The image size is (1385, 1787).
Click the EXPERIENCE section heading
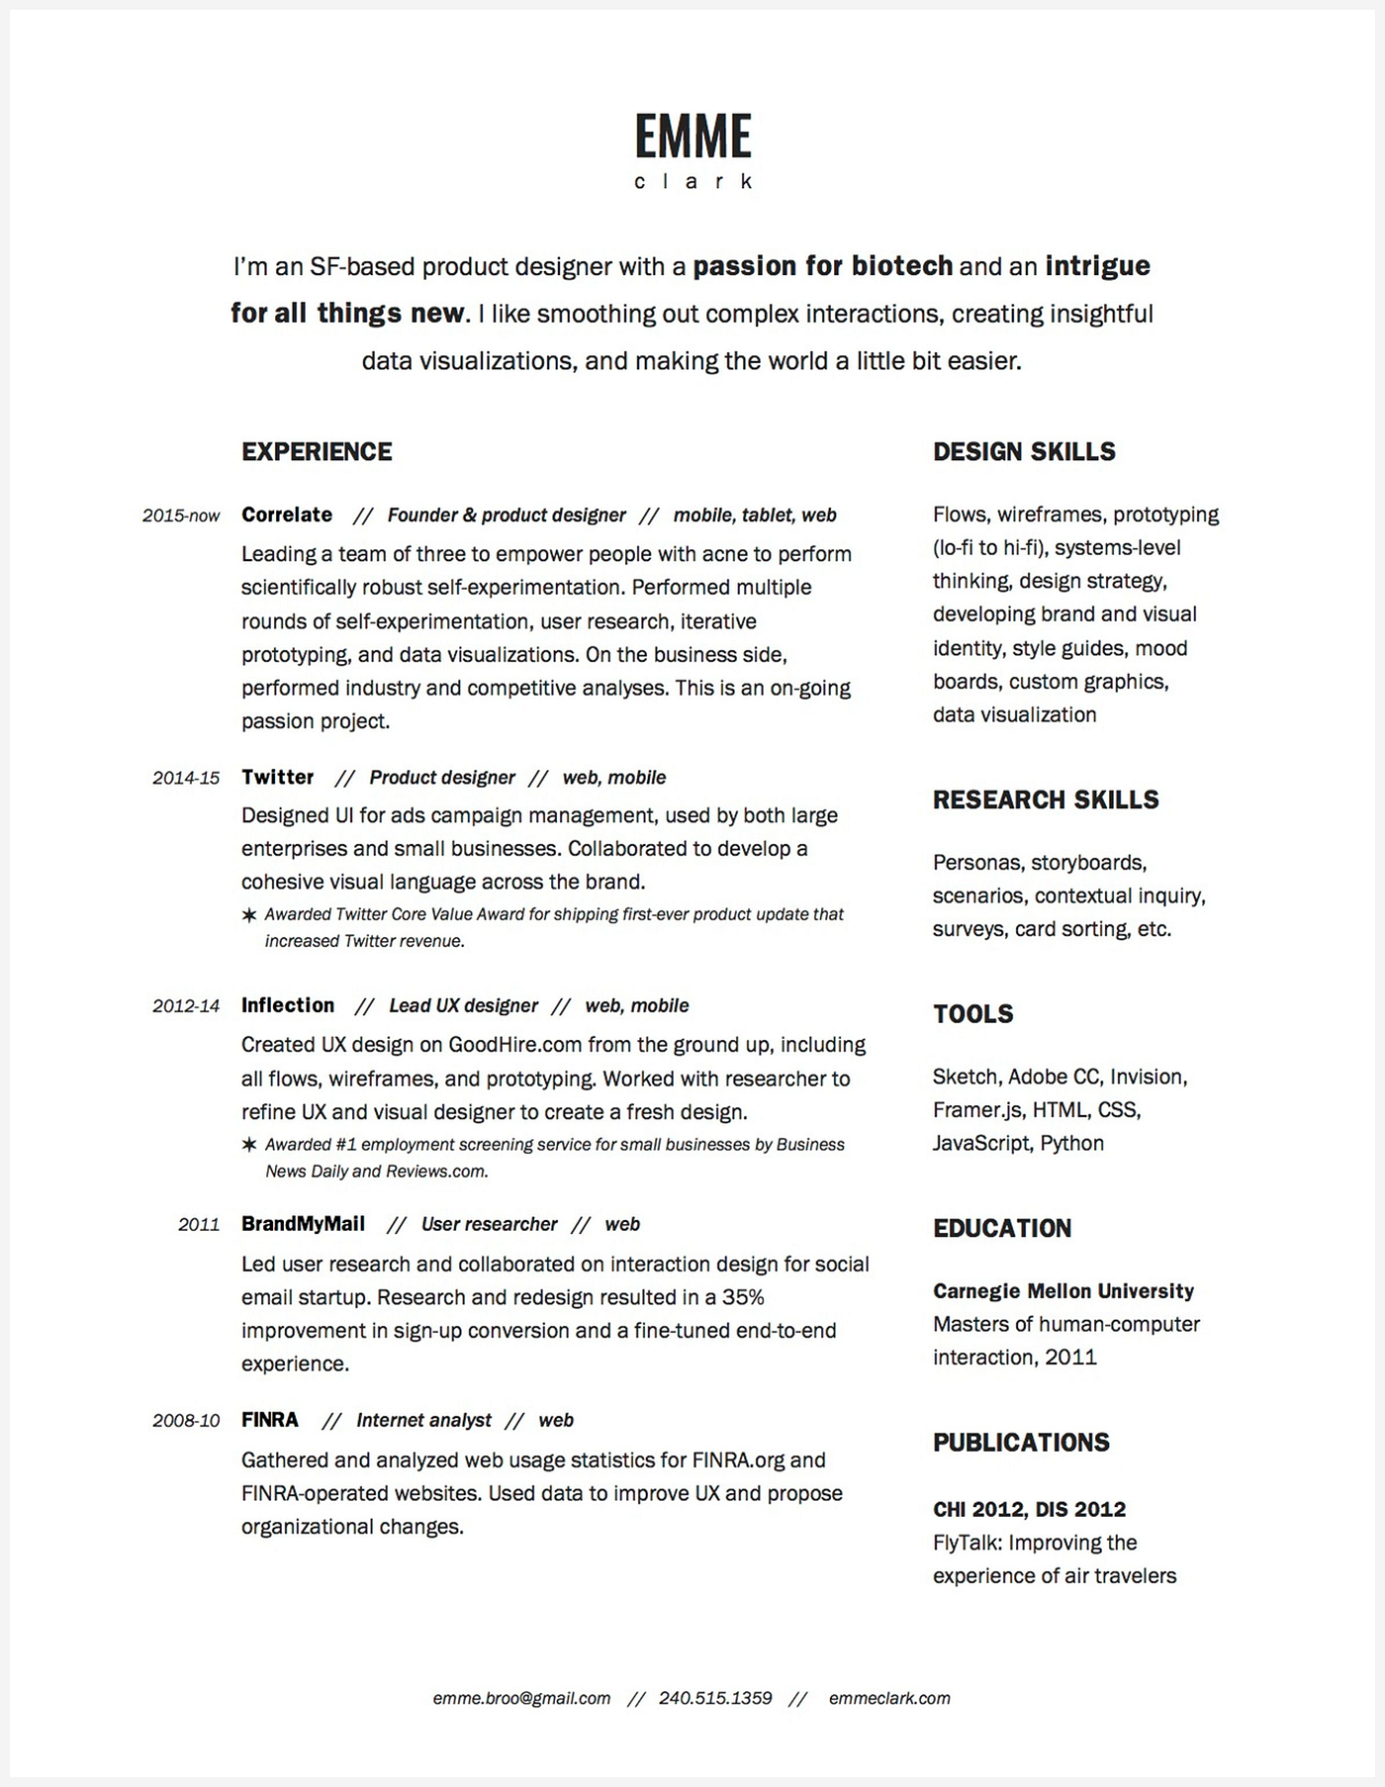[317, 452]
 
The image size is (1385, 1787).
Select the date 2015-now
[181, 516]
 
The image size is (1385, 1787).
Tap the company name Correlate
[287, 515]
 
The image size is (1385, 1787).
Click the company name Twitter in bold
[278, 777]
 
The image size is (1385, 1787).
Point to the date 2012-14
[186, 1006]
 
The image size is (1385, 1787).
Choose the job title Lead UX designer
[463, 1006]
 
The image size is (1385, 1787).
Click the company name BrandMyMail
[304, 1224]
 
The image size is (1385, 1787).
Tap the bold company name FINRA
[270, 1420]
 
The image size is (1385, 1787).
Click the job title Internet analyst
[423, 1421]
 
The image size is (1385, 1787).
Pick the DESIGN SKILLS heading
[1024, 452]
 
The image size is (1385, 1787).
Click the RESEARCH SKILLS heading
[1046, 799]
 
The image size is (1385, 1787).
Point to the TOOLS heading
[973, 1014]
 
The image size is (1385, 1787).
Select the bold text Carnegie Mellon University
[1063, 1291]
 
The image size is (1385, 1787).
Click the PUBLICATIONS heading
[1021, 1443]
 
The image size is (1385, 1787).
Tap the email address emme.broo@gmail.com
[521, 1698]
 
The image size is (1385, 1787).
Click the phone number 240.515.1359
[715, 1698]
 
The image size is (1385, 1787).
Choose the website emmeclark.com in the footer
[889, 1698]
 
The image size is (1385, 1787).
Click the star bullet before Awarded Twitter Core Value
[249, 915]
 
